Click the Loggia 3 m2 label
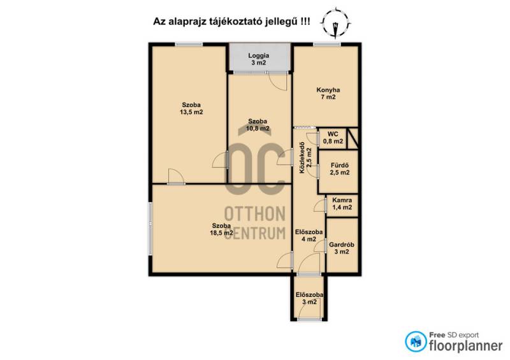(x=258, y=59)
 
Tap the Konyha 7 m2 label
(x=328, y=93)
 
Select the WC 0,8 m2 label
(x=333, y=138)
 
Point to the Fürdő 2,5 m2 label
(x=340, y=169)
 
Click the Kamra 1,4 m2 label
(x=342, y=204)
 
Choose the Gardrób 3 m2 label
(x=342, y=248)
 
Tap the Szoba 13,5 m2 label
(x=191, y=108)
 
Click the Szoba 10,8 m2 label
(x=258, y=125)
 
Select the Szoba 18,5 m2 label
(x=221, y=229)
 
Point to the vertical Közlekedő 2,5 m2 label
(x=305, y=158)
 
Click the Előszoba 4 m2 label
(x=309, y=236)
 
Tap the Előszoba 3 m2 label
(x=309, y=298)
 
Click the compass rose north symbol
(x=335, y=24)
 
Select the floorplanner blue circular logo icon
(x=416, y=342)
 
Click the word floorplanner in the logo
(x=466, y=346)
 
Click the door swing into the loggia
(x=278, y=82)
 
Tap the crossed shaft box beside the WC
(x=353, y=138)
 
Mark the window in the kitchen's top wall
(x=327, y=44)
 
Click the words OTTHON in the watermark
(x=255, y=213)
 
